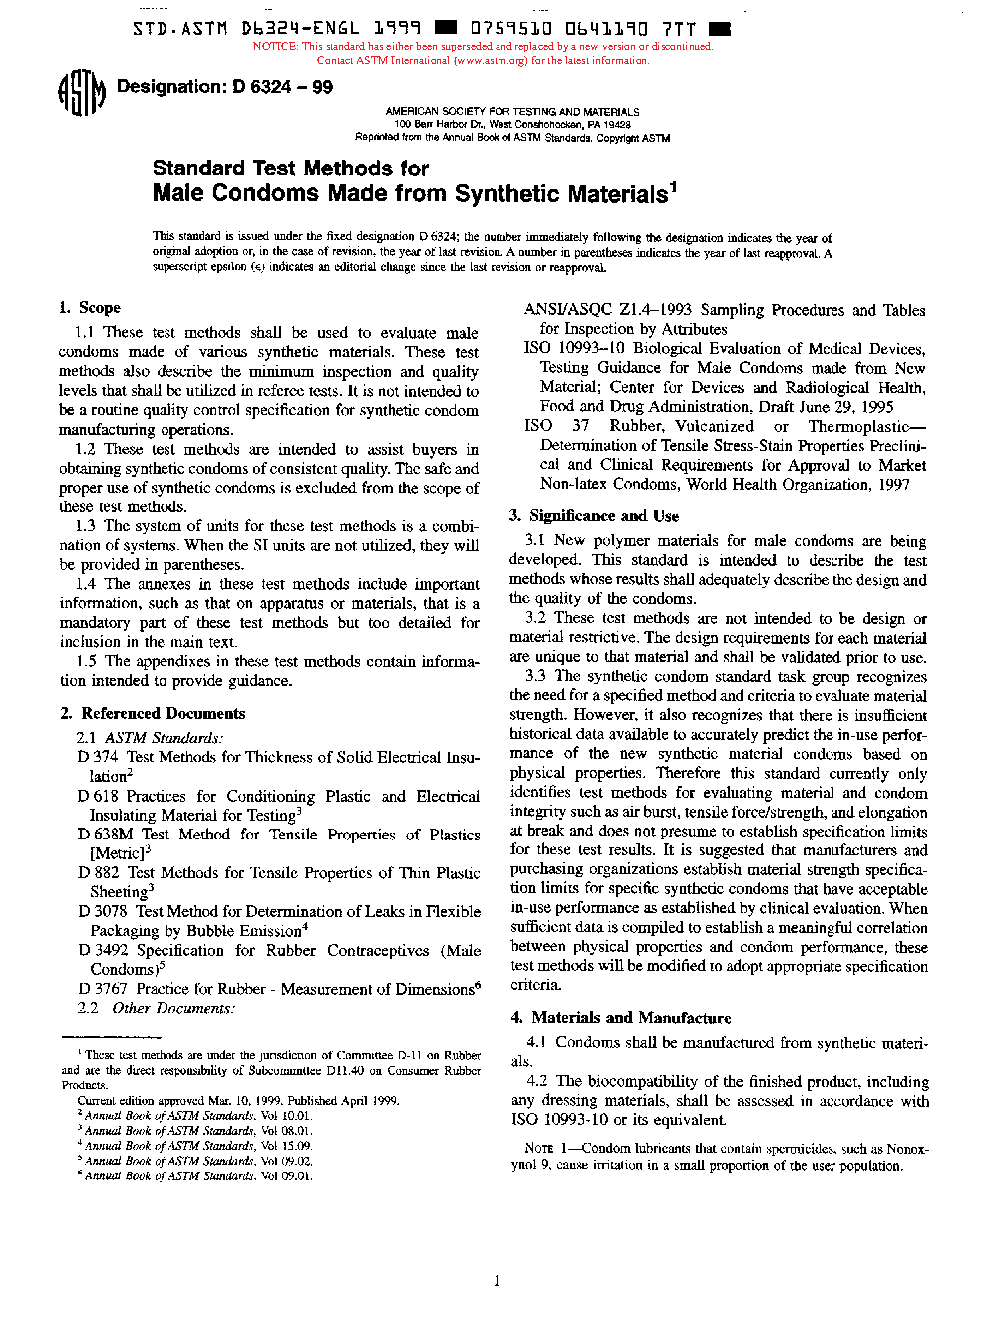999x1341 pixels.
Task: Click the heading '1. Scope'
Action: [x=90, y=308]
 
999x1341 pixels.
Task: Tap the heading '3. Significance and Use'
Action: [x=594, y=516]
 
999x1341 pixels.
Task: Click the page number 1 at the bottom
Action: [x=497, y=1281]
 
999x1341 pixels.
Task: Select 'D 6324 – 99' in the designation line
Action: [x=283, y=87]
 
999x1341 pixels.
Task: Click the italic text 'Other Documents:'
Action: [x=173, y=1008]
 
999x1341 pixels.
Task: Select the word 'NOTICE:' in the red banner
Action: [x=275, y=46]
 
